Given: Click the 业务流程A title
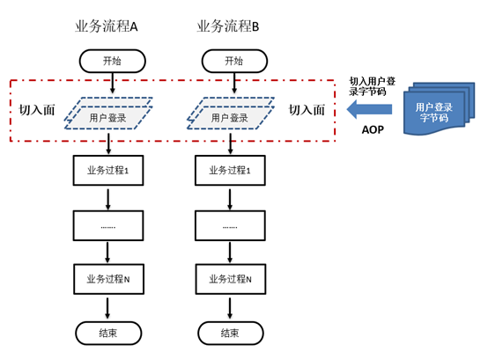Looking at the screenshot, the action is coord(106,26).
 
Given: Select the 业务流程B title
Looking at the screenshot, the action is coord(228,26).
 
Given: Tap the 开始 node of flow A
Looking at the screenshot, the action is coord(113,61).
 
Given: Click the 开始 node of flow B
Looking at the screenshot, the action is coord(234,61).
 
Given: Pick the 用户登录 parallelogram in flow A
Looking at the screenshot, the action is coord(108,114).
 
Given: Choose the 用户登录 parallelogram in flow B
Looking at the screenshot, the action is coord(230,114).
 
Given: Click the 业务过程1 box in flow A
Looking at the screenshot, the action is coord(108,171).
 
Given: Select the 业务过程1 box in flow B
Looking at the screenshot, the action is coord(230,171).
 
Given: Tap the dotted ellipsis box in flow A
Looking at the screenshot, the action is coord(108,225).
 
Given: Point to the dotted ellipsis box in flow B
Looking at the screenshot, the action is coord(230,225).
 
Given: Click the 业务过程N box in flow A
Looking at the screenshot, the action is coord(108,279).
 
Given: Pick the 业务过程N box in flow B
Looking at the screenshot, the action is coord(231,279).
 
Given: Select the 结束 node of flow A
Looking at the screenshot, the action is coord(108,334).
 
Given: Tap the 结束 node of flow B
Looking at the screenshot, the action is coord(231,334).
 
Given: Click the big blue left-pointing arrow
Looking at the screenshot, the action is coord(369,109).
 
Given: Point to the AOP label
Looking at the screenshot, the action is coord(373,129).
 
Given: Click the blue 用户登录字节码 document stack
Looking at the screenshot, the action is coord(440,109).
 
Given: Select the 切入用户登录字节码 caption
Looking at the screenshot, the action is coord(372,86).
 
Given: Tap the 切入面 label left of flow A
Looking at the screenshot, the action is coord(37,110).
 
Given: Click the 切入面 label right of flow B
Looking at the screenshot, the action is coord(307,110).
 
